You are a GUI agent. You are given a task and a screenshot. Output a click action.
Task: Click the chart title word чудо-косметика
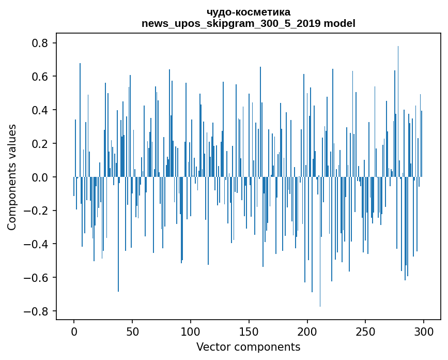(x=248, y=12)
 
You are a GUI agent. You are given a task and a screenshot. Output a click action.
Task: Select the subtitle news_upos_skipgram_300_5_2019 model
(x=248, y=23)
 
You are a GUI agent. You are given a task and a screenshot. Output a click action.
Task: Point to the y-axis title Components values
(x=12, y=177)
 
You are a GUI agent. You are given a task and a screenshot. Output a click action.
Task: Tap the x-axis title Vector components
(x=248, y=347)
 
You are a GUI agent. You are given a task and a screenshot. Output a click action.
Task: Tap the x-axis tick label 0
(x=74, y=331)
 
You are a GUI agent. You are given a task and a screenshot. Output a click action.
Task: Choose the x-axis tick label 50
(x=132, y=331)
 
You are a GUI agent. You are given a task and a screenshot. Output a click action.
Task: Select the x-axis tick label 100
(x=191, y=331)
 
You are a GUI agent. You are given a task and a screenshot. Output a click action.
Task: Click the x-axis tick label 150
(x=249, y=331)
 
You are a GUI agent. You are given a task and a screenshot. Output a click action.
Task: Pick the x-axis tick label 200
(x=307, y=331)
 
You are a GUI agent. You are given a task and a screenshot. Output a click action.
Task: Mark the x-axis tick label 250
(x=366, y=331)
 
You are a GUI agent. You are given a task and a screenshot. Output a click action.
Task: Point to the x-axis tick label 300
(x=424, y=331)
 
